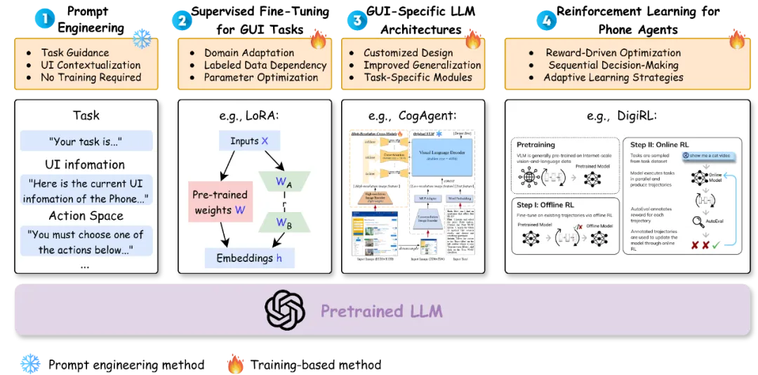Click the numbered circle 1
tap(44, 19)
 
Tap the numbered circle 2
tap(182, 20)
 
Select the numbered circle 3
tap(357, 20)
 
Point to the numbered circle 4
tap(546, 20)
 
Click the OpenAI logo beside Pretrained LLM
tap(285, 310)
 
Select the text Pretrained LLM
tap(382, 310)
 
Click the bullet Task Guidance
tap(74, 53)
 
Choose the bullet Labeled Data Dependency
tap(265, 65)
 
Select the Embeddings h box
tap(249, 258)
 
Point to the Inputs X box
tap(249, 141)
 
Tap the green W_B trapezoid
tap(284, 223)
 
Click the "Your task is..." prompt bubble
tap(86, 140)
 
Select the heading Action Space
tap(86, 216)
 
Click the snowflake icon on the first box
tap(142, 38)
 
